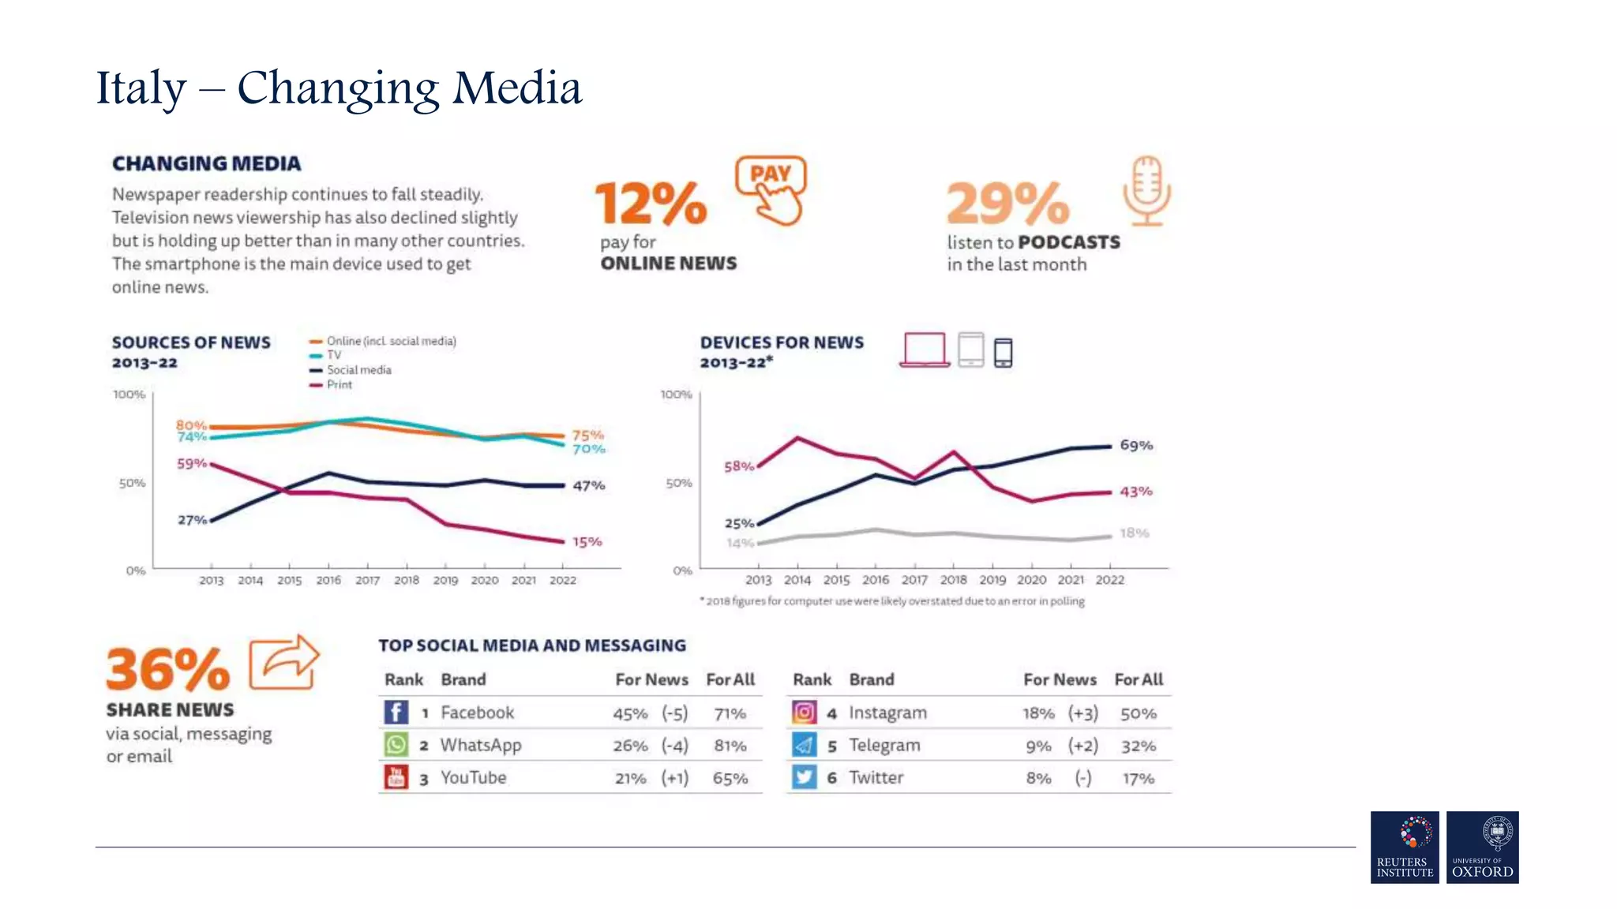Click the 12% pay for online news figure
tap(651, 204)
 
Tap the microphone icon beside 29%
tap(1147, 190)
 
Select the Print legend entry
tap(339, 384)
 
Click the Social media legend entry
tap(358, 369)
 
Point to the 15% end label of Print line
tap(587, 542)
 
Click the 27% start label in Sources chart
tap(191, 520)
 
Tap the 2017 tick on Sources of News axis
tap(367, 580)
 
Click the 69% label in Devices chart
tap(1136, 445)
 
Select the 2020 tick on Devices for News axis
tap(1031, 579)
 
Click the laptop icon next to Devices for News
tap(925, 350)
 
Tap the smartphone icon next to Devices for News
tap(1003, 352)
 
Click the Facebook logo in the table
tap(396, 712)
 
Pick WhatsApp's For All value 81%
tap(730, 746)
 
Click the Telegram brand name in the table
tap(884, 745)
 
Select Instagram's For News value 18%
tap(1038, 713)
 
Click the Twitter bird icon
tap(804, 777)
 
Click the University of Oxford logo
tap(1482, 847)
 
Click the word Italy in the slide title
tap(141, 88)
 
